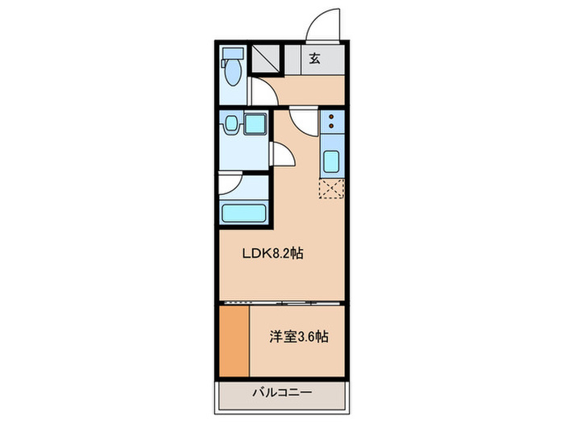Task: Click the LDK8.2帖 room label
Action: (x=273, y=253)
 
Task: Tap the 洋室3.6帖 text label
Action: (x=298, y=337)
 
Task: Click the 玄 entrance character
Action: (x=313, y=57)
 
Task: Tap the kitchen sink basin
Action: (x=331, y=161)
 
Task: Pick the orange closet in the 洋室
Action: (x=234, y=339)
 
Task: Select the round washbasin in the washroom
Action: (x=231, y=123)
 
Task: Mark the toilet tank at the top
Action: (x=232, y=54)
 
